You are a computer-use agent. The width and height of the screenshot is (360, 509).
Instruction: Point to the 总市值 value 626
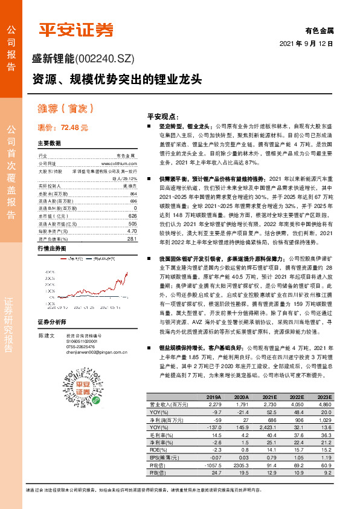[132, 215]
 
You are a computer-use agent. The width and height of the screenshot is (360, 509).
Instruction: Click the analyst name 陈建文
[46, 334]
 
